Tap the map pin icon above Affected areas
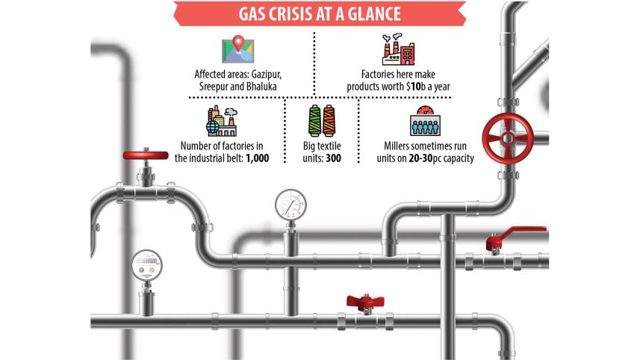click(237, 49)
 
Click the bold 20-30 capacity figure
click(408, 158)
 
